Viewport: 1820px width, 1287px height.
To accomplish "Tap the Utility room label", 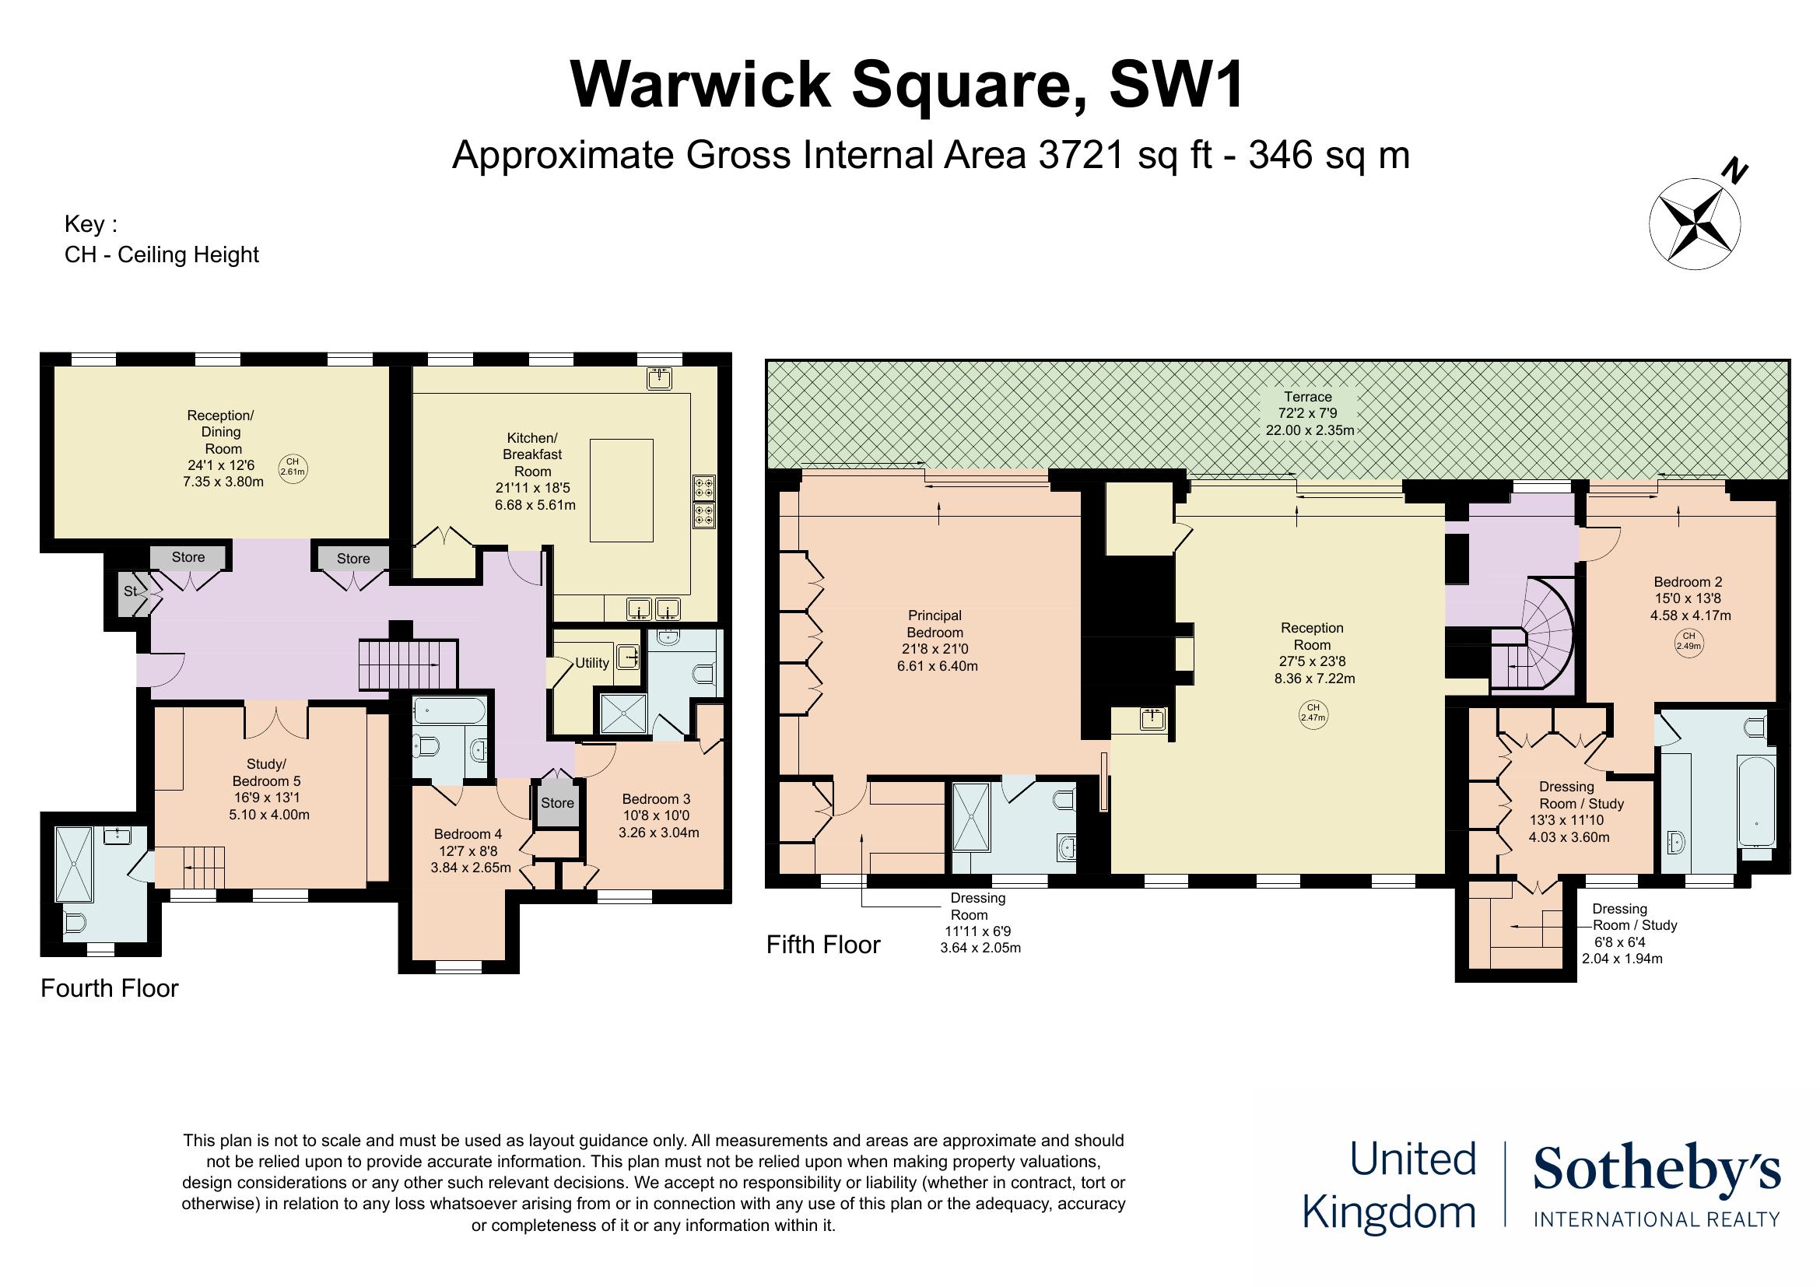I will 591,663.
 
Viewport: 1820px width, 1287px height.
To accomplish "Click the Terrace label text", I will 1309,397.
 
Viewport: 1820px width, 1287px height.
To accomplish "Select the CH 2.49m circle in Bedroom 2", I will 1689,640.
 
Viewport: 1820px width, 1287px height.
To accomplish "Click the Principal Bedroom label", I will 935,625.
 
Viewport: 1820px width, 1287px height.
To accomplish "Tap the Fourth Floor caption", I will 110,989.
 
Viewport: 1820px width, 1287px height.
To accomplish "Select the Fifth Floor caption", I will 822,945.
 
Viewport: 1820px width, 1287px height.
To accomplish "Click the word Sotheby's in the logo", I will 1657,1169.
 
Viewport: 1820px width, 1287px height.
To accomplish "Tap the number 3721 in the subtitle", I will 1081,156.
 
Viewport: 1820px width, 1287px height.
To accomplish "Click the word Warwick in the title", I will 700,86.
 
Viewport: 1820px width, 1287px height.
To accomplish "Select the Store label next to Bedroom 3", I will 557,803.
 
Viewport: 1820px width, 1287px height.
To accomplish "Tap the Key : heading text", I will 90,224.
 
